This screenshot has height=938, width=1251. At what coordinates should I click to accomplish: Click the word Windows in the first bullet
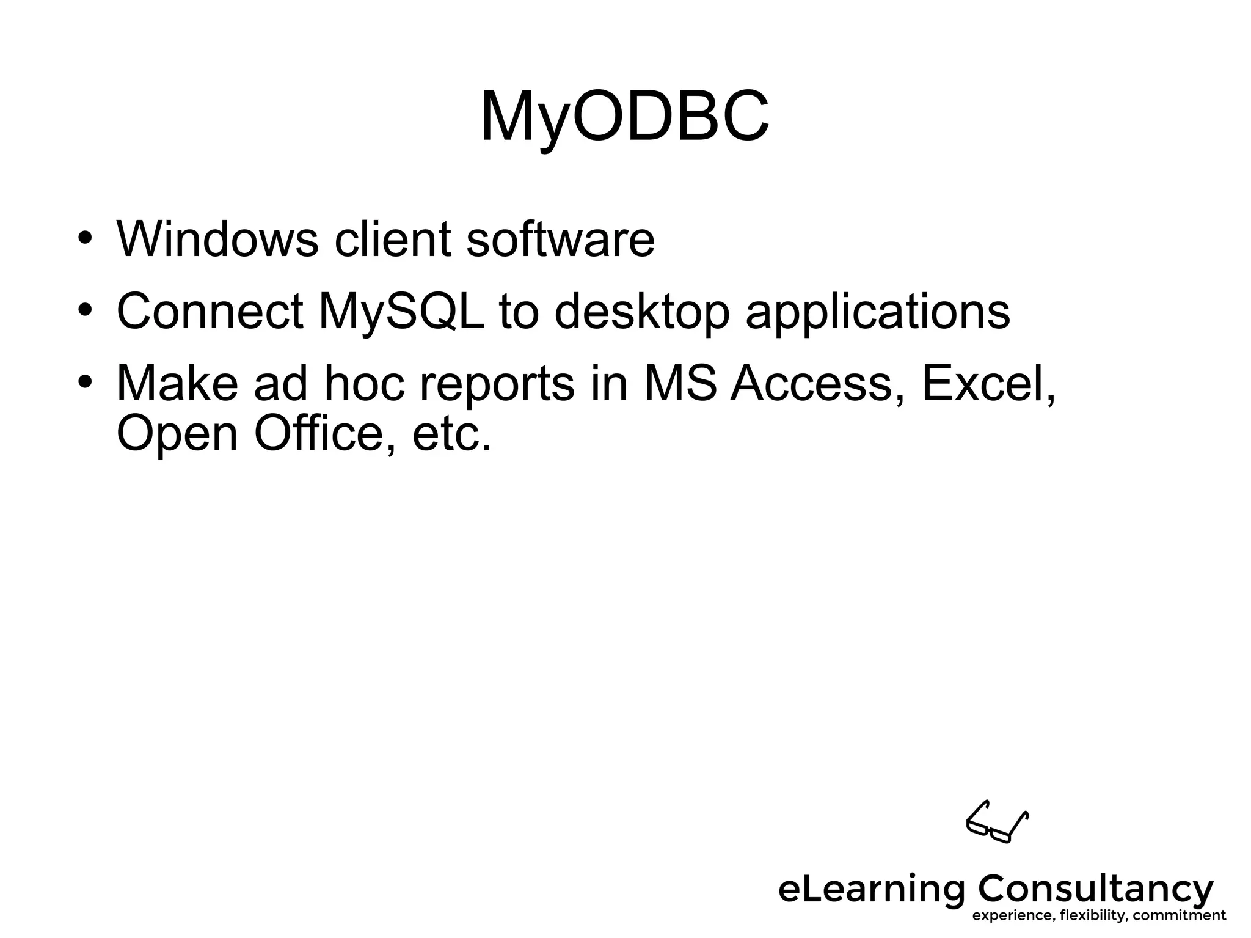(x=217, y=238)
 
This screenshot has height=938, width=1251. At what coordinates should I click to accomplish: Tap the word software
(x=560, y=238)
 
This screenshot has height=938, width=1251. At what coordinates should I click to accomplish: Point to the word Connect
(x=210, y=312)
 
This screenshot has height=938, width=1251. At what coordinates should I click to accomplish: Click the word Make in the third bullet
(x=177, y=384)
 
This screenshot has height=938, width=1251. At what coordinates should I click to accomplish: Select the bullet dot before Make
(x=85, y=382)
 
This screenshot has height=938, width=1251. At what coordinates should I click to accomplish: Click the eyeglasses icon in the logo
(x=997, y=822)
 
